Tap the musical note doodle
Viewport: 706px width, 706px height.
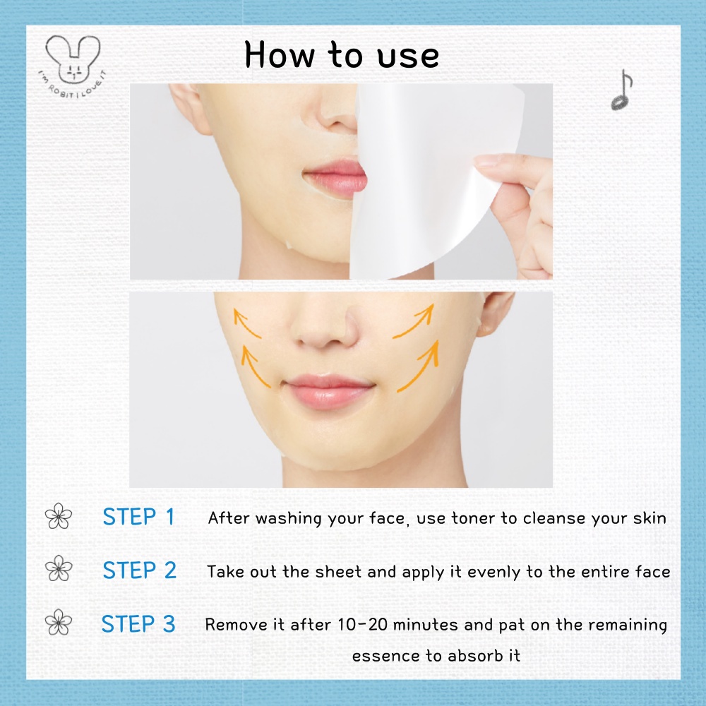[622, 90]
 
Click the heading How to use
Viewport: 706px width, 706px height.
[342, 55]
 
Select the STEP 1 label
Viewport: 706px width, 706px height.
[138, 517]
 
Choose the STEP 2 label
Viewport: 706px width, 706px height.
[140, 570]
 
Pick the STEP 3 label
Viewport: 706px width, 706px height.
[138, 624]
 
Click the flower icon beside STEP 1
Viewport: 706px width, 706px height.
[59, 516]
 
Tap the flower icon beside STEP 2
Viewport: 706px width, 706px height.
[59, 568]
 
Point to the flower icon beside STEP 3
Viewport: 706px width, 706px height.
[59, 622]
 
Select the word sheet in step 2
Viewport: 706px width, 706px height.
[339, 571]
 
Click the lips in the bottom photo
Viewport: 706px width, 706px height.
[329, 391]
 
